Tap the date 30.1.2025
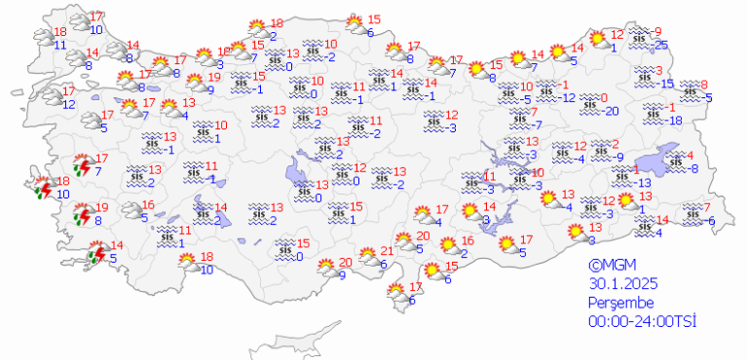pos(622,283)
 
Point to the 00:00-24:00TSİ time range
pos(643,322)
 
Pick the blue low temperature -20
pos(610,111)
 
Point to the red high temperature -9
pos(657,31)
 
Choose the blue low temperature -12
pos(568,98)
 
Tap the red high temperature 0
pos(603,98)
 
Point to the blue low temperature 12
pos(69,103)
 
